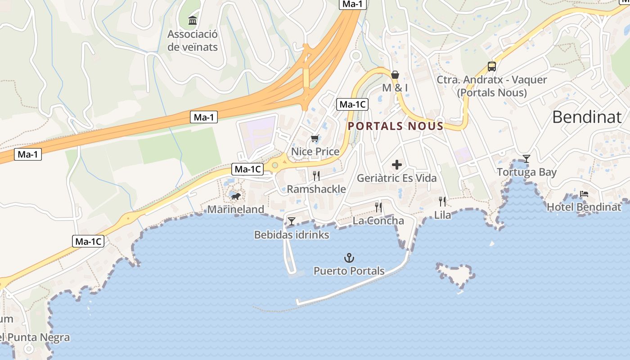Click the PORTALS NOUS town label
coord(396,126)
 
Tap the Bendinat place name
coord(586,117)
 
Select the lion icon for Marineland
coord(235,196)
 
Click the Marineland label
coord(235,209)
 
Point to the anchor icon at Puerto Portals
coord(349,258)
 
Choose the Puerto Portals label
coord(349,271)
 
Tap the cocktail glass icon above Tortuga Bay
coord(526,158)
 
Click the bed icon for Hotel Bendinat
coord(584,194)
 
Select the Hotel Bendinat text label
coord(584,207)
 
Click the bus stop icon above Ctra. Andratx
coord(492,67)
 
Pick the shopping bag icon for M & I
coord(395,74)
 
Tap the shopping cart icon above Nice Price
coord(315,138)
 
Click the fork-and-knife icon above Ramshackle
coord(316,175)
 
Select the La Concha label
coord(378,221)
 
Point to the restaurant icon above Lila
coord(443,201)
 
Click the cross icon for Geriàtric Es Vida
coord(397,165)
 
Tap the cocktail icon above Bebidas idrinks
coord(292,221)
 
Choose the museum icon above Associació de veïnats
coord(193,20)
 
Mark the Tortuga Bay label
coord(526,172)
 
